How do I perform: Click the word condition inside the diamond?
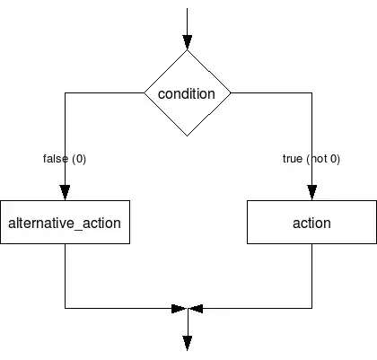tap(187, 94)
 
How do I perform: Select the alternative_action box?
tap(65, 222)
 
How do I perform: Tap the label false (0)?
tap(65, 159)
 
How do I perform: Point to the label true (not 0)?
tap(311, 159)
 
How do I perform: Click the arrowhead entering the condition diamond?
tap(188, 42)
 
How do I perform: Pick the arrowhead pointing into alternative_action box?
tap(65, 192)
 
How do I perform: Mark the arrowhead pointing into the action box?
tap(312, 192)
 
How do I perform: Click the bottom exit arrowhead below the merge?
tap(188, 343)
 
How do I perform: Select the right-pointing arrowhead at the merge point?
tap(179, 309)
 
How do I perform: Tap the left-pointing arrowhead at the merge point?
tap(197, 309)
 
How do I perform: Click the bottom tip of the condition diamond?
tap(188, 136)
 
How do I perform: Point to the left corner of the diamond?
tap(145, 92)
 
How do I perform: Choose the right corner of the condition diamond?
tap(231, 92)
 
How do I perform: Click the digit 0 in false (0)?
tap(79, 159)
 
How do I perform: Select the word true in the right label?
tap(293, 159)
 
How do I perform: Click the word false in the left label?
tap(56, 159)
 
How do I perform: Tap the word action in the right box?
tap(311, 224)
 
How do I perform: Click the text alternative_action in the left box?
tap(65, 224)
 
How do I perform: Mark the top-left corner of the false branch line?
tap(66, 92)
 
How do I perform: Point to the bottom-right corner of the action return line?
tap(312, 308)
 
